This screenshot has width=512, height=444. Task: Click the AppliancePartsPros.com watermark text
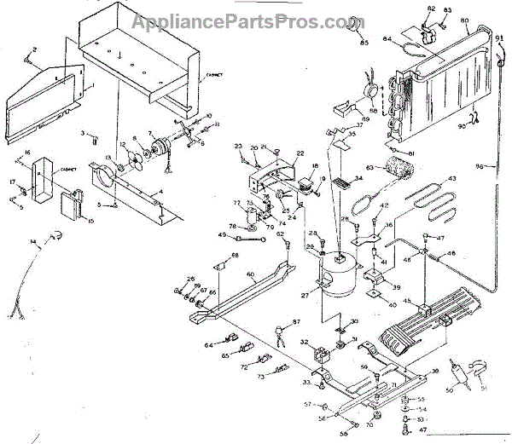[255, 20]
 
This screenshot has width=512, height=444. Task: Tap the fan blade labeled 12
[131, 157]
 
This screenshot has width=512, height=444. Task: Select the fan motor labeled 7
[155, 148]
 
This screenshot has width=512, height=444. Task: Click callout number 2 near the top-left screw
[34, 49]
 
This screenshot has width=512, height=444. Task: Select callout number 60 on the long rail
[250, 274]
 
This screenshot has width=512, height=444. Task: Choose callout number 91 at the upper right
[497, 38]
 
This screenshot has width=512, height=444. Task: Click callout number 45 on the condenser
[406, 301]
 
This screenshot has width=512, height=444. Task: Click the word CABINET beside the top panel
[214, 75]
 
